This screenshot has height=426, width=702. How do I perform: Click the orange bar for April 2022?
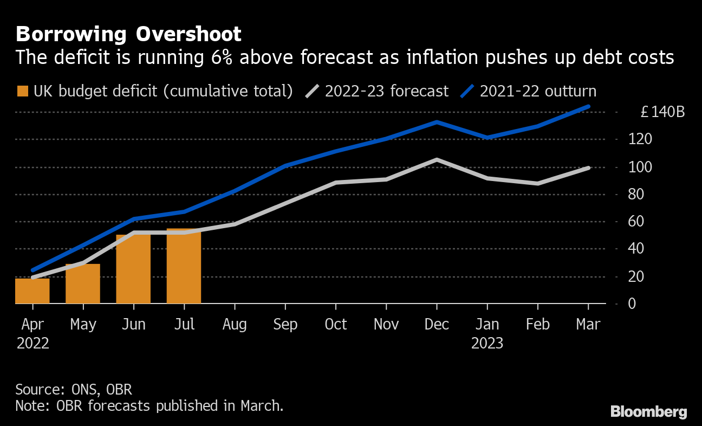click(32, 291)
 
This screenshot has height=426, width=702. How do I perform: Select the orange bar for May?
click(83, 284)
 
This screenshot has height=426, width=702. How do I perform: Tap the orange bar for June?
click(133, 269)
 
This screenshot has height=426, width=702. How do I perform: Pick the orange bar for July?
click(184, 266)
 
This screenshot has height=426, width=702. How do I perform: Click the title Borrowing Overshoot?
click(128, 34)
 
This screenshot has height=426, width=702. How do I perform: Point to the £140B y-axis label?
click(662, 112)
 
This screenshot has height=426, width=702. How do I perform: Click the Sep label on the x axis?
click(285, 324)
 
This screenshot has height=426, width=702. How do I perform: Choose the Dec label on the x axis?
click(437, 324)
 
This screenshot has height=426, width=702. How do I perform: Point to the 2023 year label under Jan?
click(487, 343)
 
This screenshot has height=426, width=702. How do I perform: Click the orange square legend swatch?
click(22, 91)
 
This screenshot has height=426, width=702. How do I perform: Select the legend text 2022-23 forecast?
click(387, 91)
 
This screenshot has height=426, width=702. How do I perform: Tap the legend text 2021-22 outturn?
click(538, 91)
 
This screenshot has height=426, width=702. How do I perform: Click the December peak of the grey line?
click(437, 160)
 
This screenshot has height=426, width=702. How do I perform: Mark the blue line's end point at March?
click(588, 107)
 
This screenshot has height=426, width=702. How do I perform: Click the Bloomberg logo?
click(648, 412)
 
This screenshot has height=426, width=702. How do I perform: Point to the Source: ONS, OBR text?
click(74, 390)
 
